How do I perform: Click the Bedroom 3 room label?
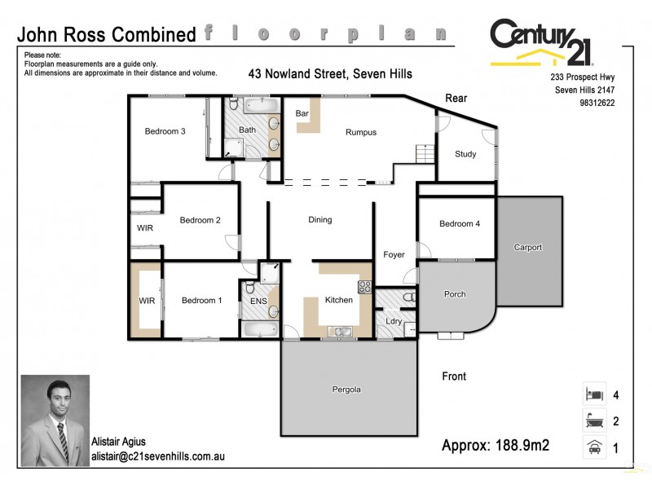(x=165, y=131)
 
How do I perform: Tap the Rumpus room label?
(x=361, y=132)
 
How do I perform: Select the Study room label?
(x=465, y=154)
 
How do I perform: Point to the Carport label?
(x=527, y=248)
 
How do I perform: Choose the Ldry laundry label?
(x=393, y=322)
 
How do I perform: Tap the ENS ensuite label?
(x=258, y=301)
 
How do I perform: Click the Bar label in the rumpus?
(x=302, y=113)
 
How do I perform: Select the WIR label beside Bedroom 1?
(x=147, y=301)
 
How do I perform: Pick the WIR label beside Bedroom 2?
(x=143, y=228)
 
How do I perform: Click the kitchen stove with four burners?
(x=365, y=286)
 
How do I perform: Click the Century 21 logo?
(x=542, y=42)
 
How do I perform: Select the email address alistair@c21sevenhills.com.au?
(x=156, y=458)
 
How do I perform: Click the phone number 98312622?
(x=597, y=104)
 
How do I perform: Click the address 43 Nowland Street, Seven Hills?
(x=330, y=74)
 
